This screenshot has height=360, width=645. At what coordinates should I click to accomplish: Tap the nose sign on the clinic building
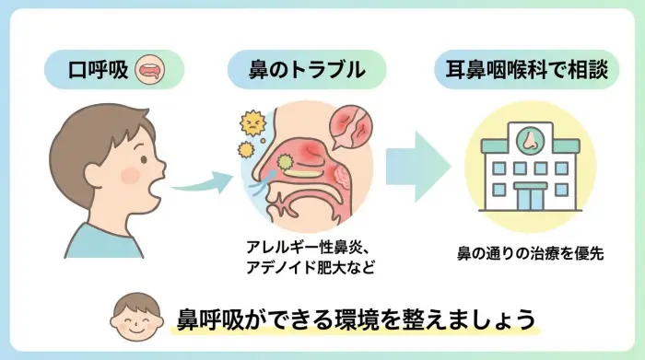click(x=530, y=141)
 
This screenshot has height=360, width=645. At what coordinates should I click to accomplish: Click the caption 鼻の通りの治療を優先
click(x=530, y=251)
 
